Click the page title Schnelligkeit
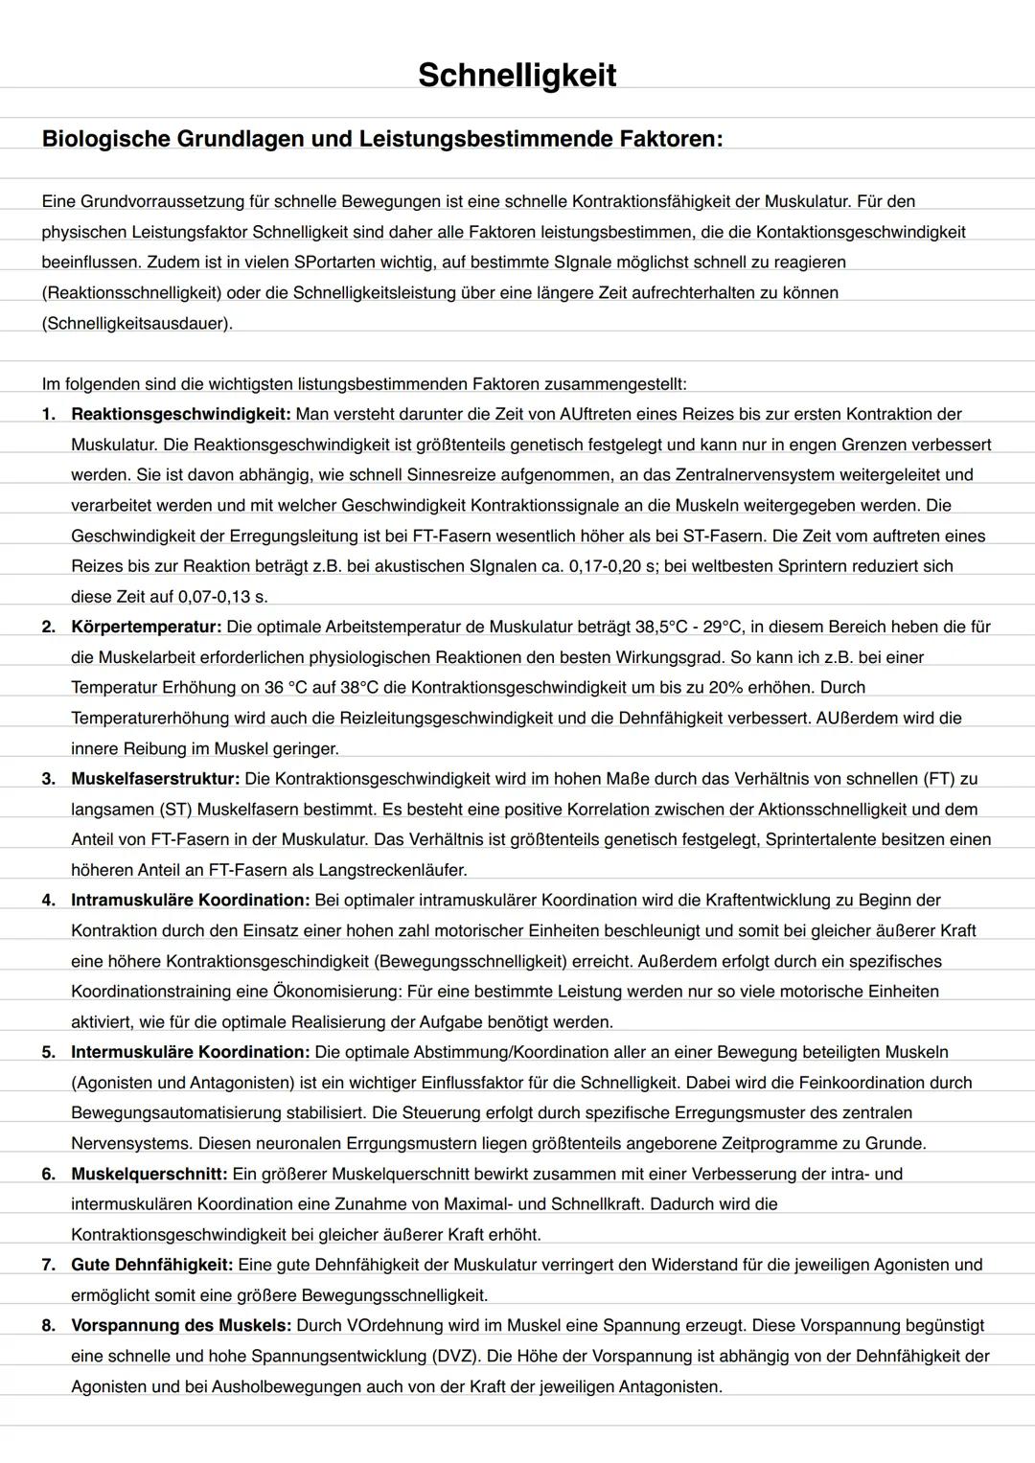click(x=517, y=75)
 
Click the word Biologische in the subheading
click(x=105, y=139)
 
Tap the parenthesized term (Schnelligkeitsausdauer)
click(x=137, y=323)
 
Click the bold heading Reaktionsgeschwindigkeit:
click(x=180, y=414)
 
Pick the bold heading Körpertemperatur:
click(x=146, y=627)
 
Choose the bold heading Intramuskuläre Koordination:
click(x=190, y=901)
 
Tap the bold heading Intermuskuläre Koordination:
click(x=190, y=1052)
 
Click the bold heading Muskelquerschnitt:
click(x=149, y=1174)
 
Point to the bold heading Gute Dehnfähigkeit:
click(x=151, y=1265)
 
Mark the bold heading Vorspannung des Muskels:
click(x=181, y=1326)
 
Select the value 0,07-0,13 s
click(x=221, y=597)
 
